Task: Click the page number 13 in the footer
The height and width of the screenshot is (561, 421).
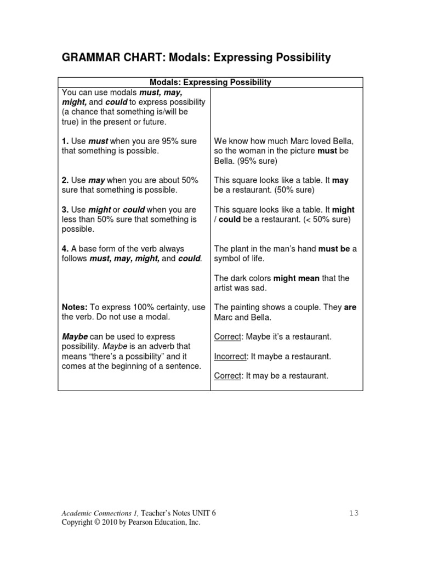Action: (x=354, y=513)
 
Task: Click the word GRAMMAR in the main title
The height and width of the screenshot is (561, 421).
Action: (x=89, y=58)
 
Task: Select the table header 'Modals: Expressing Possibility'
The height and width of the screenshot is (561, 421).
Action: (x=210, y=82)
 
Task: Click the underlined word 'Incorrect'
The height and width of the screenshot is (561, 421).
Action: (x=230, y=356)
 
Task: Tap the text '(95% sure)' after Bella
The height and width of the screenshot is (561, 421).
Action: (x=257, y=161)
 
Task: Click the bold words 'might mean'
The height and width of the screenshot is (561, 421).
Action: (x=297, y=278)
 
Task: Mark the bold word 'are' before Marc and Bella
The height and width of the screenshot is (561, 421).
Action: (x=350, y=307)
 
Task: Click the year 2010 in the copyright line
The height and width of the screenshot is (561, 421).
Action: (x=110, y=523)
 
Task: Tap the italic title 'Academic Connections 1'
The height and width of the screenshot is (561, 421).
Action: (x=99, y=513)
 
